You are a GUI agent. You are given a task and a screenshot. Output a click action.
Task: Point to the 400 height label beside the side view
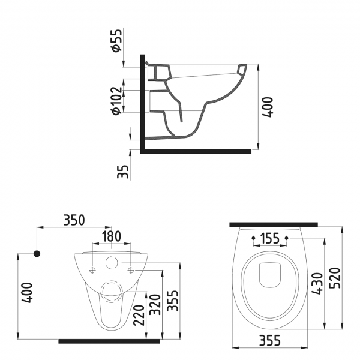click(x=271, y=106)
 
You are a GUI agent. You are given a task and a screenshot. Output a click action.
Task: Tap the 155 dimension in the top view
click(x=271, y=238)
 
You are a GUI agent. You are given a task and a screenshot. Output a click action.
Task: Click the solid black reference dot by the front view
click(x=37, y=254)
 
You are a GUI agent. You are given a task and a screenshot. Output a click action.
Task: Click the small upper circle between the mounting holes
click(x=110, y=262)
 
